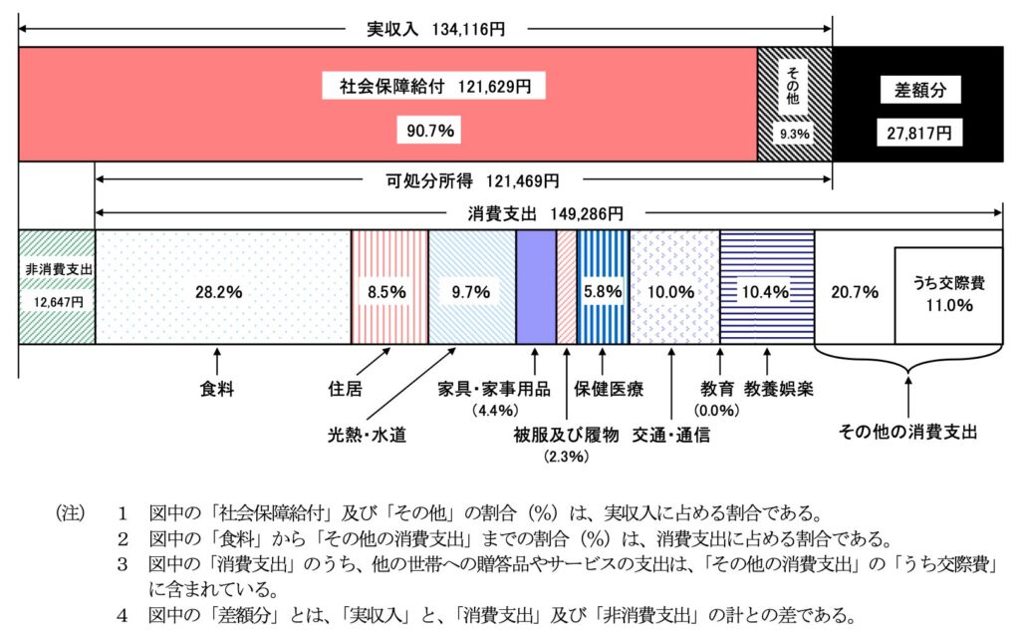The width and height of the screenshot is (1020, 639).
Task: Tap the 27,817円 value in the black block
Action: pos(919,131)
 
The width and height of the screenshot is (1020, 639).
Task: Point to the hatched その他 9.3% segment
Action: pos(794,103)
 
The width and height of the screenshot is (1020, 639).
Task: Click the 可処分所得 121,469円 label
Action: pos(472,181)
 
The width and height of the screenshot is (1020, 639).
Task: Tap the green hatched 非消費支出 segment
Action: pos(56,287)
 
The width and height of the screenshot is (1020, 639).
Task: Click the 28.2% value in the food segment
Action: pos(221,292)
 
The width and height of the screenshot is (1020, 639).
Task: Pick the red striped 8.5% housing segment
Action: pos(388,287)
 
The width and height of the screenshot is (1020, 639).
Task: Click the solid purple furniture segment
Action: pos(535,287)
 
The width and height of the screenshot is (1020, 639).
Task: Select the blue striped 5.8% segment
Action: pos(603,287)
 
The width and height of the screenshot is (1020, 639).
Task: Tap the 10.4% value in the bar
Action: pos(765,292)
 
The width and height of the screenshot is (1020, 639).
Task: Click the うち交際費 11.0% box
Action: pos(947,295)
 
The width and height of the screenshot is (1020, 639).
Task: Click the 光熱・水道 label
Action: pos(369,435)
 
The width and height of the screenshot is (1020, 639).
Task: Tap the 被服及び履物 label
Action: pos(567,435)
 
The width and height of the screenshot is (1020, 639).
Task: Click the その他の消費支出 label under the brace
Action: pos(907,432)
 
